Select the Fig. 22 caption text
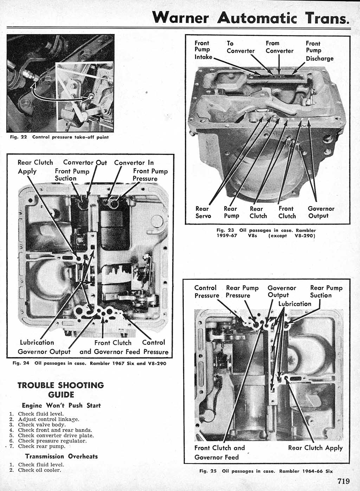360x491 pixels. [x=59, y=137]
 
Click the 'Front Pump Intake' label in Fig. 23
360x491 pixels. [x=203, y=50]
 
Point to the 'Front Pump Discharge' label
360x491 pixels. [x=319, y=51]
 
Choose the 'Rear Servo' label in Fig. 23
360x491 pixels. [x=203, y=212]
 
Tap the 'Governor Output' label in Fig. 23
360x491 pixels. [x=321, y=212]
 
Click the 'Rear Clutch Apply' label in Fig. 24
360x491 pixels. [x=35, y=167]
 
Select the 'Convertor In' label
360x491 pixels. [x=134, y=163]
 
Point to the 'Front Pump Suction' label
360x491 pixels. [x=72, y=175]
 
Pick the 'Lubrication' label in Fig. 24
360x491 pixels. [x=37, y=342]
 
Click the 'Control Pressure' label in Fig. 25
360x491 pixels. [x=206, y=292]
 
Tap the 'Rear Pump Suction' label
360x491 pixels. [x=326, y=292]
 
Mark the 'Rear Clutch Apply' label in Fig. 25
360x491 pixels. [x=315, y=448]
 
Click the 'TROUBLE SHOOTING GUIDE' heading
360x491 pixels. [x=60, y=389]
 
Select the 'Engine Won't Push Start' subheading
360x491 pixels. [x=61, y=405]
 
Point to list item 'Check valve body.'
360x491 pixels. [x=42, y=425]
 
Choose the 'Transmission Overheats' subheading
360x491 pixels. [x=61, y=456]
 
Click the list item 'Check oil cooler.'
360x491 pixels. [x=39, y=470]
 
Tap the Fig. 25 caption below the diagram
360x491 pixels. [x=266, y=471]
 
